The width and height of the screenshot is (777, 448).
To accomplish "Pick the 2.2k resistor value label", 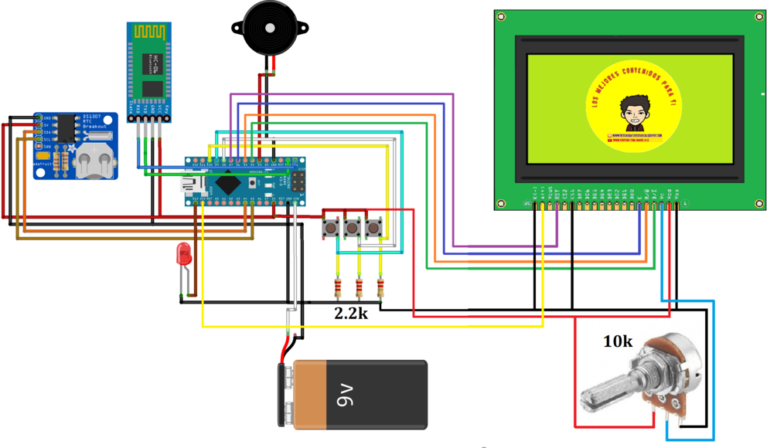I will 351,314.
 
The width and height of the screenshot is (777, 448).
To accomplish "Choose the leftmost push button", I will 332,229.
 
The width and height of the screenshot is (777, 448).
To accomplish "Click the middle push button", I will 353,229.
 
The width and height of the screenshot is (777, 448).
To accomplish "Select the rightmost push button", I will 375,229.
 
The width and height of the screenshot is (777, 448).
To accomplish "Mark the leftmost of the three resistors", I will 338,289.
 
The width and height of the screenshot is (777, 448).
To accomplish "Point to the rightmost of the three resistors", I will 380,289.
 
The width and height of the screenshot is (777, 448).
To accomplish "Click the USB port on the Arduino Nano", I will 189,185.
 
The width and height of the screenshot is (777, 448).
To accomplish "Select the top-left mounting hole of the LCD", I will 502,16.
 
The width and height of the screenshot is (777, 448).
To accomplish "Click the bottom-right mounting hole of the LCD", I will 756,204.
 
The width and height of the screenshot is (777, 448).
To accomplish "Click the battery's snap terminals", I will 288,394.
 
